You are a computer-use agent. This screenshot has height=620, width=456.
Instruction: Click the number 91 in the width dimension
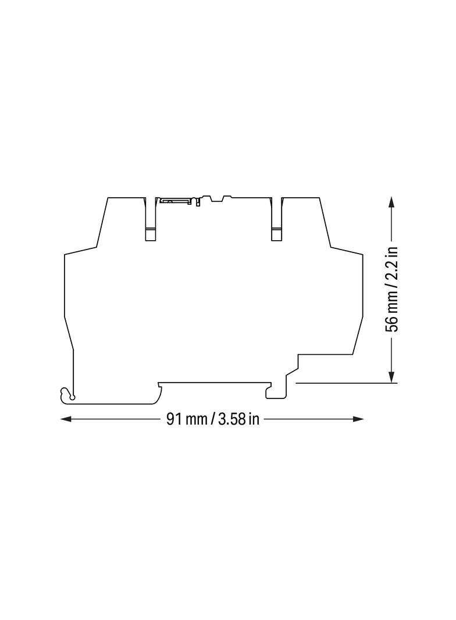tap(174, 419)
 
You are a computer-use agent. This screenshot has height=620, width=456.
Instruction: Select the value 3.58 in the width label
tap(231, 419)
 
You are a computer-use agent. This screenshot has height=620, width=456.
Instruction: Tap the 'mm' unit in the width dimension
tap(195, 419)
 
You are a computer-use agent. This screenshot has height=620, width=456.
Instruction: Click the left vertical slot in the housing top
tap(150, 221)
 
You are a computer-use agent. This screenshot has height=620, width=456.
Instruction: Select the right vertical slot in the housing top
tap(276, 221)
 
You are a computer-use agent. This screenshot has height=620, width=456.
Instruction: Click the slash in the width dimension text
tap(212, 419)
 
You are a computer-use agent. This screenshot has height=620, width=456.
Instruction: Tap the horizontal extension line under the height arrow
tap(346, 383)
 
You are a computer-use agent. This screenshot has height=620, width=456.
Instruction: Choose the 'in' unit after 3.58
tap(254, 419)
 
